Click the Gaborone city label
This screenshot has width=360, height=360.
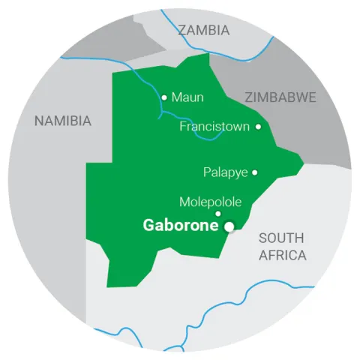point(182,225)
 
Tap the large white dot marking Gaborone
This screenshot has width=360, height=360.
point(229,226)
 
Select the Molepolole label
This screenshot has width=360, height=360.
point(210,202)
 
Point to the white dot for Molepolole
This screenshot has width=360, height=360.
point(218,214)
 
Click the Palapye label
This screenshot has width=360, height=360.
point(226,172)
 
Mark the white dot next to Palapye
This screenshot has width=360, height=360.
point(254,172)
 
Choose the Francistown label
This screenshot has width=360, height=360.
point(214,127)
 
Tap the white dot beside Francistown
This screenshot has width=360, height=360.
point(258,127)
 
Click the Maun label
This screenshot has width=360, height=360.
point(187,97)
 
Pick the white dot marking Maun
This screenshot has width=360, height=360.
point(164,97)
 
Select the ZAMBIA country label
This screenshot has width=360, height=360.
point(205,31)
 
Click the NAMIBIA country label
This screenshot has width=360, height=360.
point(62,120)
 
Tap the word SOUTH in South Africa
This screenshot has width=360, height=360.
point(282,238)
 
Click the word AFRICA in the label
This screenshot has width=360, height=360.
point(283,256)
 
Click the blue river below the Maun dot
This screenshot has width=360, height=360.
point(162,114)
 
